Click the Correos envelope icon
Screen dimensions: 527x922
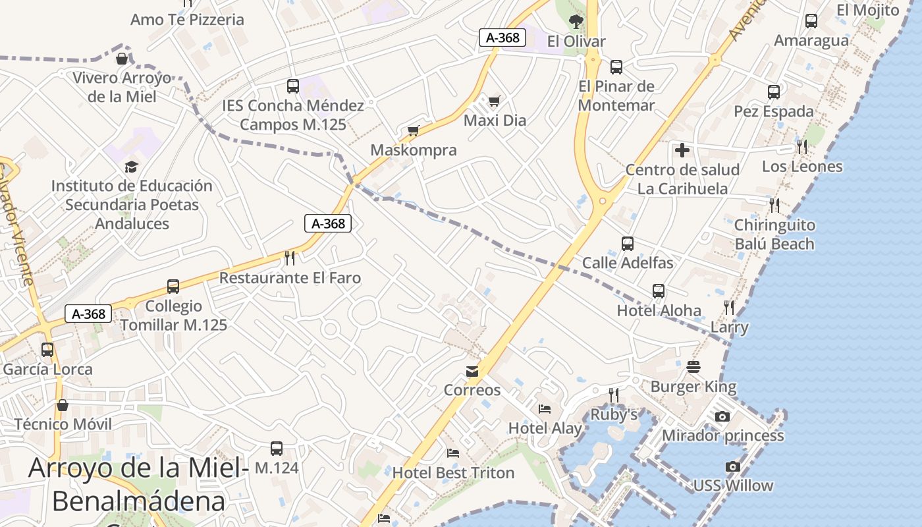[472, 372]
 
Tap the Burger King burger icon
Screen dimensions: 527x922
[693, 367]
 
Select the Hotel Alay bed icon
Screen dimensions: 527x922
[545, 409]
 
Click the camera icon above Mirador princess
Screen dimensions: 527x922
[722, 416]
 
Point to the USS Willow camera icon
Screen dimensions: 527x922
[732, 466]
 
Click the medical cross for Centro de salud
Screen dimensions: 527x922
[682, 150]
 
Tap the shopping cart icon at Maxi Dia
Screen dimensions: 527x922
[495, 101]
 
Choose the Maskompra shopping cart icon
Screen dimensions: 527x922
[413, 130]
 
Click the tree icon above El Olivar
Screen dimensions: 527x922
[576, 22]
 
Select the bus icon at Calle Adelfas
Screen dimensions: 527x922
[628, 244]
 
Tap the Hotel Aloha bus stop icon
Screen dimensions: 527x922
[659, 291]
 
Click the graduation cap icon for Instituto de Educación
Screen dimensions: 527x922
[132, 167]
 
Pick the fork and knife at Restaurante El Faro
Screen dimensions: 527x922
[290, 258]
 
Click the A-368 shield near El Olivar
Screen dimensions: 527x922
[502, 38]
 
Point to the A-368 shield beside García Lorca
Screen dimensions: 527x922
[88, 314]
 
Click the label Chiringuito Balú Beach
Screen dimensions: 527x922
[774, 235]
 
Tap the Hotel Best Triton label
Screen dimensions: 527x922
[453, 472]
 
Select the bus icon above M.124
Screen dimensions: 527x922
[277, 449]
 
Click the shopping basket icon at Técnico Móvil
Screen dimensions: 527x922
[63, 404]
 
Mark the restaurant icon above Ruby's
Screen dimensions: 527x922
[614, 395]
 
